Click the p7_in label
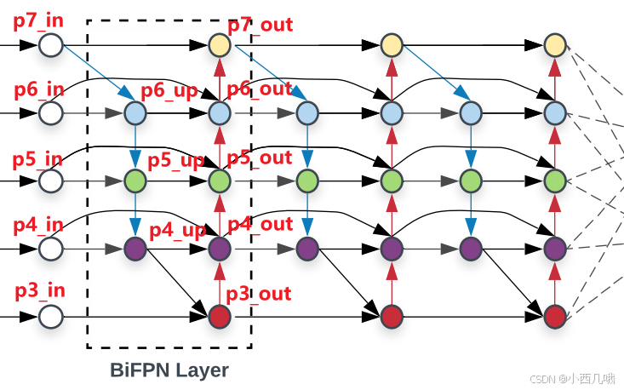pyautogui.click(x=37, y=20)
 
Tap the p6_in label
pyautogui.click(x=37, y=89)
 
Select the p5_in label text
pyautogui.click(x=37, y=158)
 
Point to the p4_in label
pyautogui.click(x=37, y=226)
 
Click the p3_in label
pyautogui.click(x=39, y=290)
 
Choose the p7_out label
pyautogui.click(x=260, y=24)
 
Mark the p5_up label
pyautogui.click(x=175, y=160)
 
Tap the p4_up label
pyautogui.click(x=177, y=230)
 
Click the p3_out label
pyautogui.click(x=260, y=294)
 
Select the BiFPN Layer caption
pyautogui.click(x=169, y=370)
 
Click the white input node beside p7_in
pyautogui.click(x=51, y=44)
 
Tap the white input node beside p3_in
pyautogui.click(x=51, y=317)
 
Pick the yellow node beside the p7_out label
pyautogui.click(x=220, y=44)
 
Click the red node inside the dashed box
pyautogui.click(x=220, y=317)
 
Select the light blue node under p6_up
pyautogui.click(x=135, y=112)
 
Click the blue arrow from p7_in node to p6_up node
pyautogui.click(x=94, y=78)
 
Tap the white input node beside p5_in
pyautogui.click(x=51, y=181)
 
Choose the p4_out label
pyautogui.click(x=260, y=225)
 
